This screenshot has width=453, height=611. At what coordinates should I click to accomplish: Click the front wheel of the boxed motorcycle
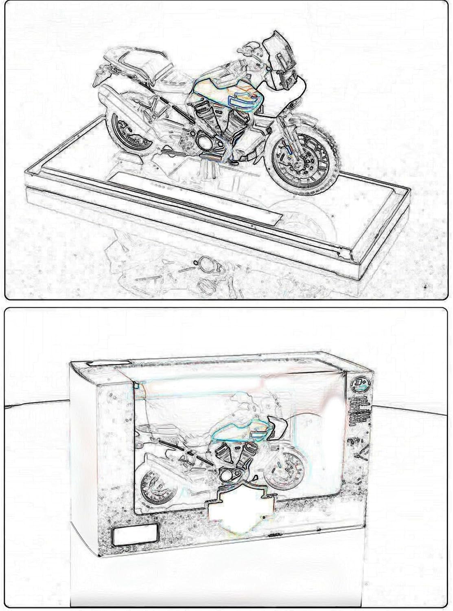click(x=283, y=468)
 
